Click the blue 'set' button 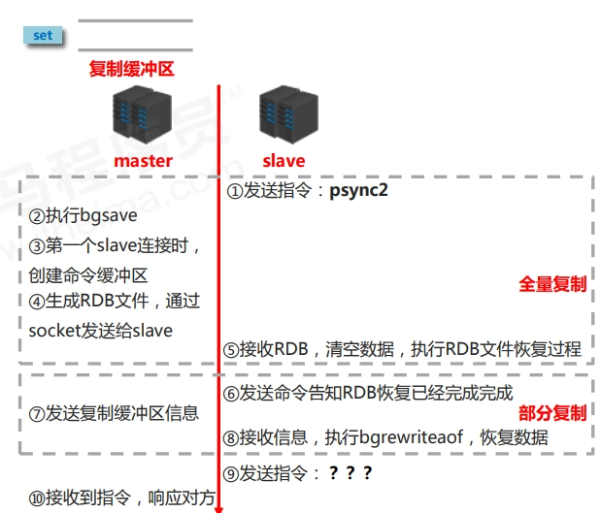(x=43, y=36)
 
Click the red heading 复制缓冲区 (x=132, y=69)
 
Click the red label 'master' (x=143, y=161)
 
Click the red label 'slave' (x=284, y=161)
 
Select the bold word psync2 (x=357, y=190)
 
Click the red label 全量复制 (x=552, y=284)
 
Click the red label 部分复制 (x=552, y=413)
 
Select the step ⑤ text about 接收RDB (x=403, y=349)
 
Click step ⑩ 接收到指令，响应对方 (x=121, y=498)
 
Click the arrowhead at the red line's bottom (x=219, y=505)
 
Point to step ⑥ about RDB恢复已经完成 (x=368, y=394)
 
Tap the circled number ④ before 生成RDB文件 (x=37, y=302)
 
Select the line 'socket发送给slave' (x=101, y=330)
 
